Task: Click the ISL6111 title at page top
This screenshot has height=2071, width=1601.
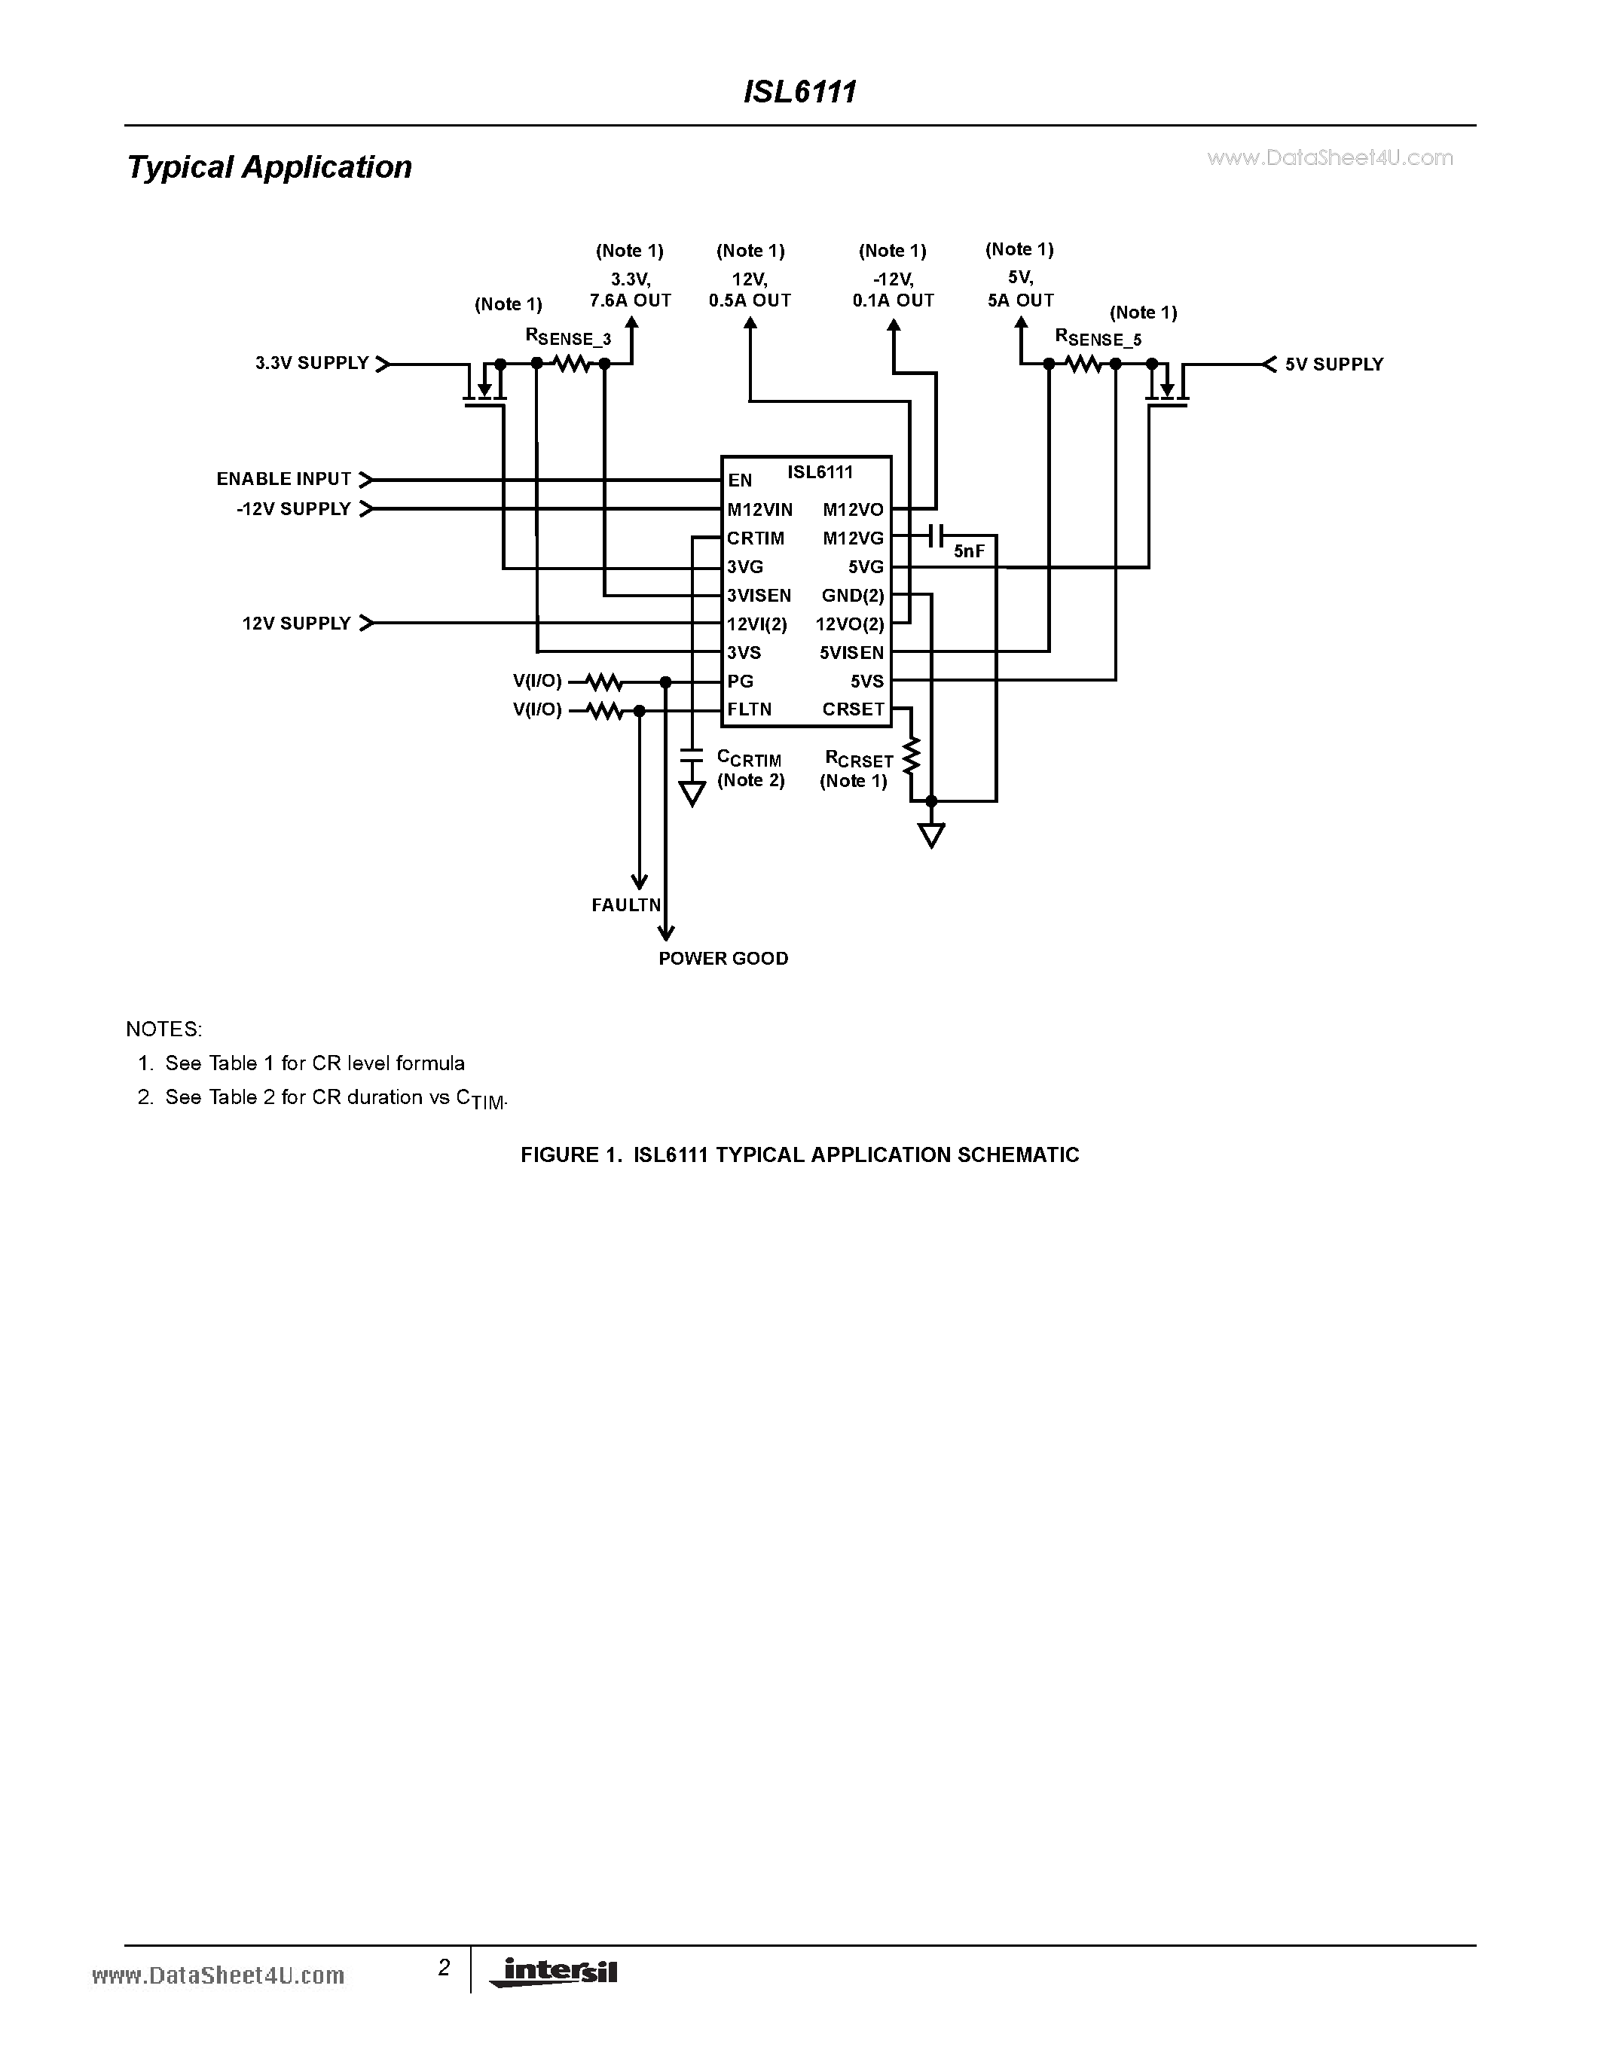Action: coord(799,91)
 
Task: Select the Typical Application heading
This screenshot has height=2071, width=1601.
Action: coord(270,167)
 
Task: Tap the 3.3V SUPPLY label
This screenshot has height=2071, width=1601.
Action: coord(311,363)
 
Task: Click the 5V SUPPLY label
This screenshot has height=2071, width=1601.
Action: coord(1334,364)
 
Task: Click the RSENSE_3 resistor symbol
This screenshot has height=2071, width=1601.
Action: coord(571,363)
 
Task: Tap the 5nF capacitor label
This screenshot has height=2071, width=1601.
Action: coord(970,551)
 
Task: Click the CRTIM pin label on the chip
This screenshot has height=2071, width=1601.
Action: coord(755,538)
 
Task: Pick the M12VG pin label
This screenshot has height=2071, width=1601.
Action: coord(853,538)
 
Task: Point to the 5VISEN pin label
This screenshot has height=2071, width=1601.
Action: coord(851,652)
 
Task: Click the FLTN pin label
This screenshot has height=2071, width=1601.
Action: coord(750,709)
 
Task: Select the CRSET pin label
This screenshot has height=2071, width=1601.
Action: coord(853,709)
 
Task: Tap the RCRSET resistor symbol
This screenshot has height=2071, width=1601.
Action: coord(912,756)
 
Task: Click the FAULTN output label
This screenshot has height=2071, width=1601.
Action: coord(626,904)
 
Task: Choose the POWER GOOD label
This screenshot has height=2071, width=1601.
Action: coord(723,958)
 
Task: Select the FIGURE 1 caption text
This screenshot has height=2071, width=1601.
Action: coord(799,1155)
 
